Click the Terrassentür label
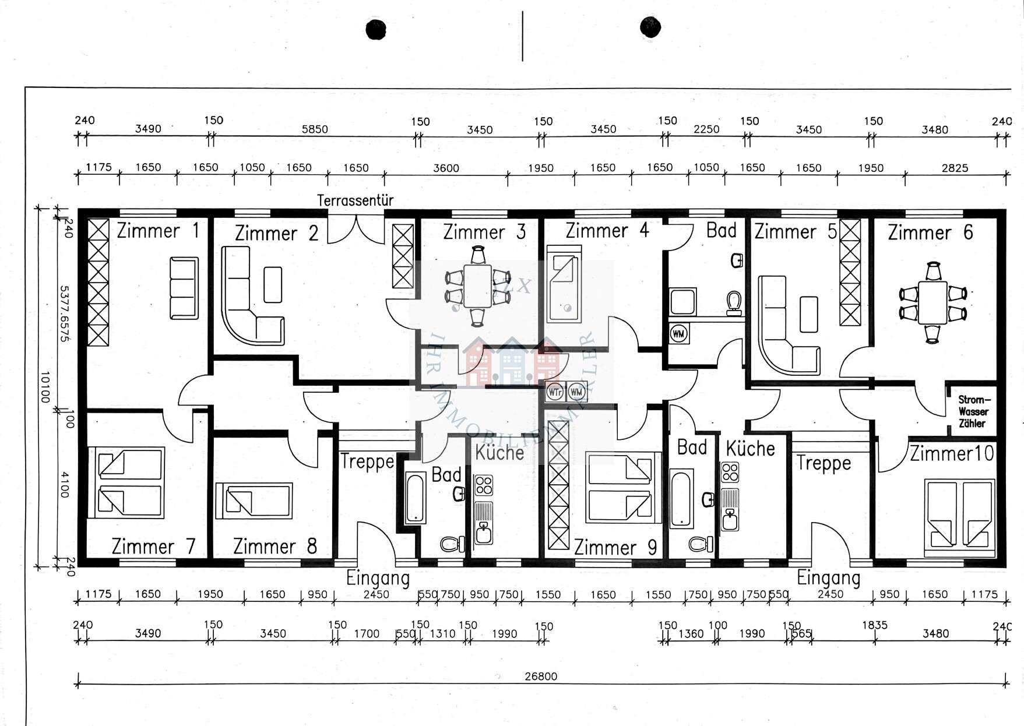(355, 200)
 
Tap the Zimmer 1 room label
(157, 231)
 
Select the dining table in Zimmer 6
(932, 302)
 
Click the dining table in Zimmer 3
(478, 286)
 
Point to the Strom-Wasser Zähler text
(973, 411)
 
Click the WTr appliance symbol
(555, 392)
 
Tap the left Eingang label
(378, 578)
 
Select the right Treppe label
(823, 463)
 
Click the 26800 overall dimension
(541, 676)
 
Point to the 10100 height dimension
(45, 387)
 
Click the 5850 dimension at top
(315, 129)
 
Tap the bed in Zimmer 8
(254, 501)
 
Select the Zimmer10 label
(952, 453)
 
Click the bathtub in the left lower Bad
(415, 499)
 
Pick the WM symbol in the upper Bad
(678, 334)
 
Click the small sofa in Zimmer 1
(184, 288)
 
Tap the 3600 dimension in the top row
(446, 168)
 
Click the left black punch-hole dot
(376, 29)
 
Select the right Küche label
(750, 449)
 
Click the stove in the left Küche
(483, 485)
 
